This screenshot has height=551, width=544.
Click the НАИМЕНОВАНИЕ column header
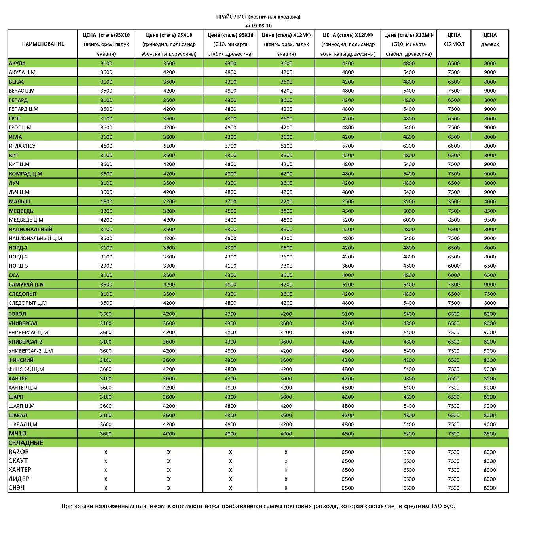click(43, 44)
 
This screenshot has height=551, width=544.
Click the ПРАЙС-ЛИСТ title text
click(231, 17)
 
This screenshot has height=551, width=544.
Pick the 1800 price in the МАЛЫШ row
click(106, 201)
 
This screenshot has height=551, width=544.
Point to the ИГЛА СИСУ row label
click(22, 146)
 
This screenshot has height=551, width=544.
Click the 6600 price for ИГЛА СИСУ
click(454, 146)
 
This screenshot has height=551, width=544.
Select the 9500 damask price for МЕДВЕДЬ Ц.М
click(490, 220)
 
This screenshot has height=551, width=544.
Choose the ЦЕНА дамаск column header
click(490, 40)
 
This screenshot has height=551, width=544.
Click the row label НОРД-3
click(19, 266)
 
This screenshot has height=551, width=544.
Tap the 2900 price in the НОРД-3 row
click(106, 266)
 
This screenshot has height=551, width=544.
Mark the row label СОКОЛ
click(17, 314)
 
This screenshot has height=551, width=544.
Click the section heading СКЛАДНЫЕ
click(26, 443)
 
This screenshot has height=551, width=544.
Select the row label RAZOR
click(19, 452)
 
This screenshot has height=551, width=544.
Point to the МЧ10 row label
click(17, 433)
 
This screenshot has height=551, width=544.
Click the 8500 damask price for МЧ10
click(490, 433)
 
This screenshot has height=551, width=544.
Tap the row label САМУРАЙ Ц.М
click(27, 284)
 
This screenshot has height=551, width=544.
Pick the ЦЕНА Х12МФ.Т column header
click(454, 40)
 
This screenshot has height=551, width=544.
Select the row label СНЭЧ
click(17, 488)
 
